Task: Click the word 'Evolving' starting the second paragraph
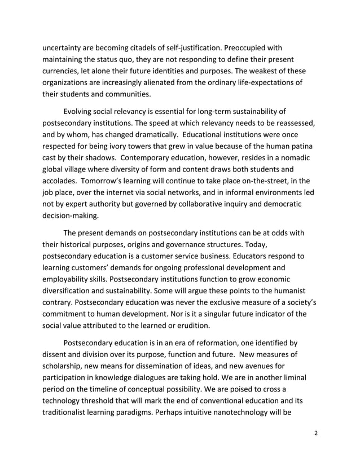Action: point(81,111)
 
